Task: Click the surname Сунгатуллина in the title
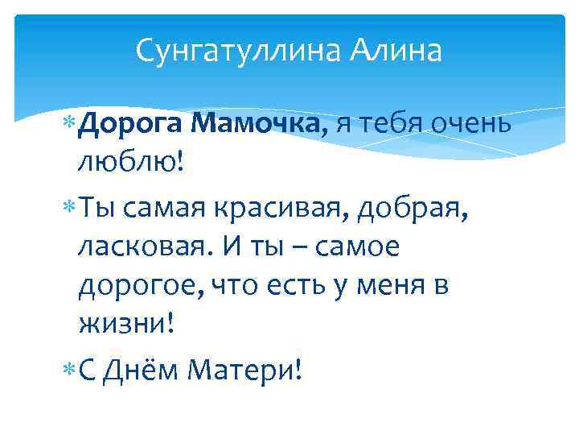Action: [239, 51]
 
